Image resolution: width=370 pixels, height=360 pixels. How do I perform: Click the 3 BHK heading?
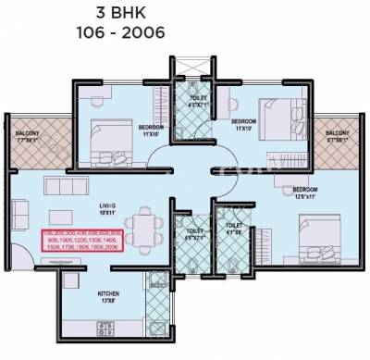click(184, 13)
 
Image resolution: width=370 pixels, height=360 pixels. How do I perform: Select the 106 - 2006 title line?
click(184, 34)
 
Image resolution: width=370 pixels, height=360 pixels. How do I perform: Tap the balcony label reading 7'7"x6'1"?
click(26, 143)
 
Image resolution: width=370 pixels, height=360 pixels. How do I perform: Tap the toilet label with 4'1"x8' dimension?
click(234, 229)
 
